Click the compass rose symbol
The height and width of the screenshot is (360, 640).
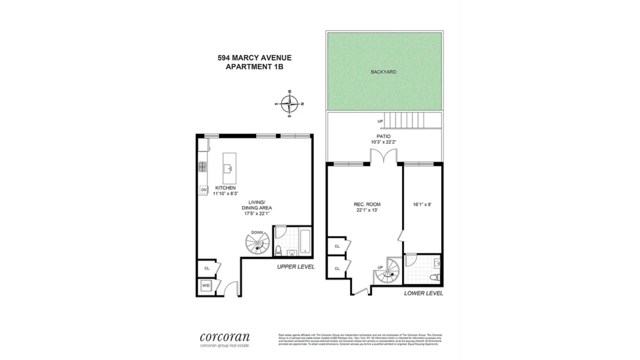pos(289,104)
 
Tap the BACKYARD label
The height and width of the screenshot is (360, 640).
pos(383,72)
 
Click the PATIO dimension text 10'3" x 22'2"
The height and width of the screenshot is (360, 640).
pos(383,142)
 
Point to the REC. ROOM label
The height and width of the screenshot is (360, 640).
pos(367,204)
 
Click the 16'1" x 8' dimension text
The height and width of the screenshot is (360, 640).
pos(422,205)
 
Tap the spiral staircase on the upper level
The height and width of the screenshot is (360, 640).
pos(257,244)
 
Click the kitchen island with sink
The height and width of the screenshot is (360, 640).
pos(229,168)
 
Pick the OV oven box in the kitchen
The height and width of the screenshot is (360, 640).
pos(203,190)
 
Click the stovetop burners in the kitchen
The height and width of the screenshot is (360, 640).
pos(202,166)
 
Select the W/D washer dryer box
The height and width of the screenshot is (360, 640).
pos(206,286)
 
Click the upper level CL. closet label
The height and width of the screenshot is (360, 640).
pos(207,268)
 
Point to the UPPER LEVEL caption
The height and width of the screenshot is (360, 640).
pos(296,267)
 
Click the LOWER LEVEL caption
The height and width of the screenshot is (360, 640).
pos(423,293)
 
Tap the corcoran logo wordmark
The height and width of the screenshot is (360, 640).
pos(225,337)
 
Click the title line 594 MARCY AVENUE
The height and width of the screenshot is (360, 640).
pos(254,58)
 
